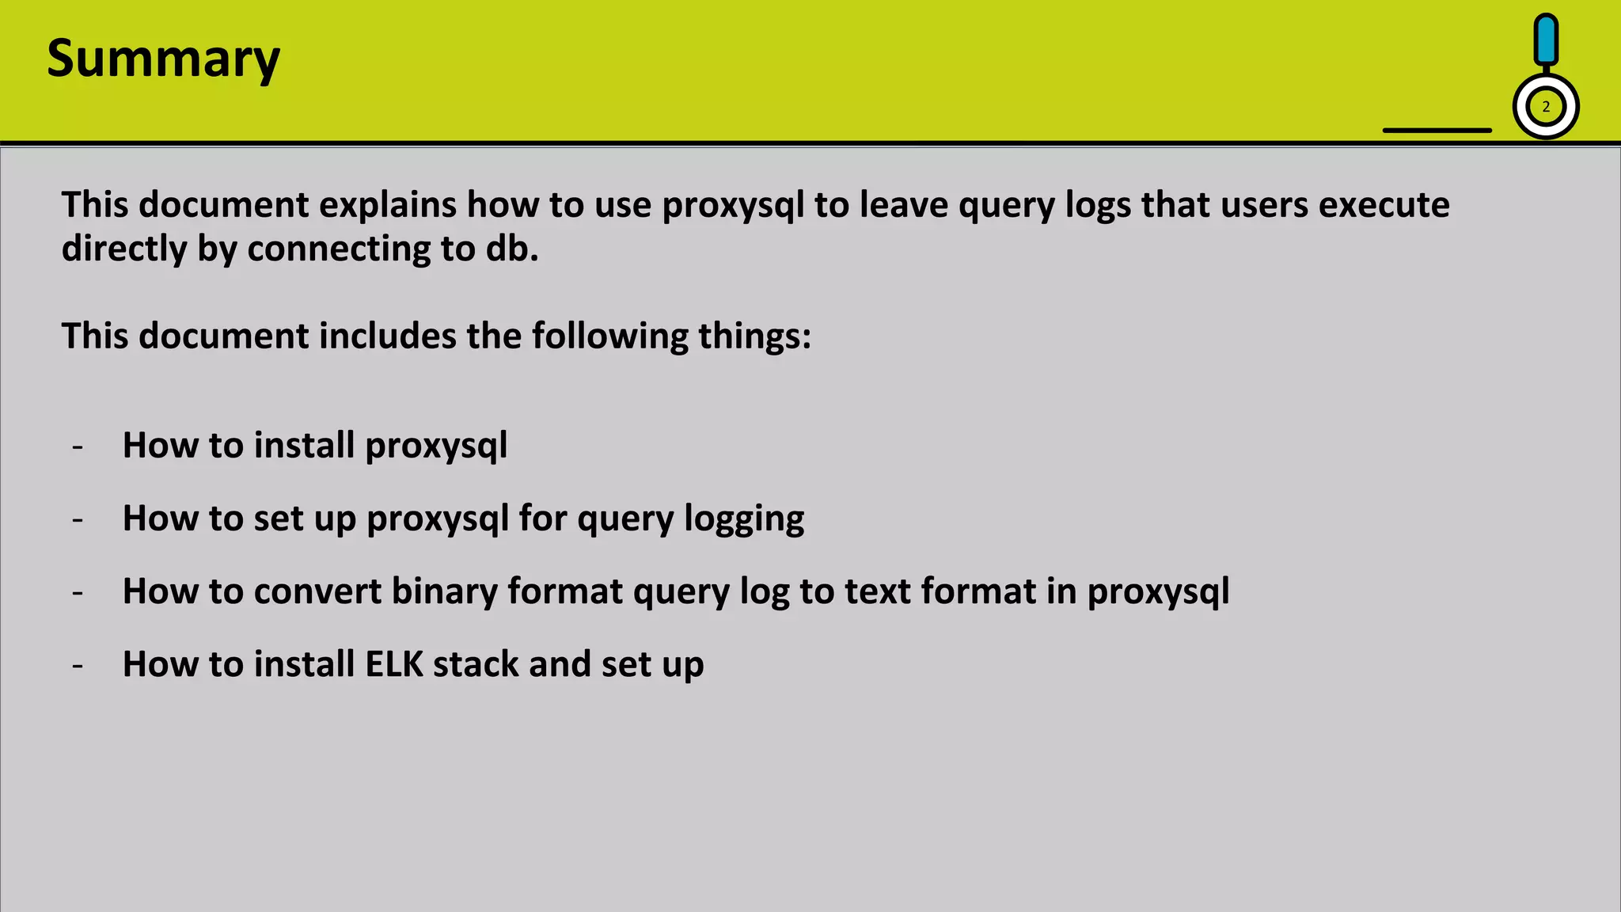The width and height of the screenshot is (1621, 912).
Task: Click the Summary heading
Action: [163, 59]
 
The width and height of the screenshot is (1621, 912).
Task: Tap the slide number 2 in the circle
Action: [1546, 107]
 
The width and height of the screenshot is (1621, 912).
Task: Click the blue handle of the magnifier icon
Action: [1546, 40]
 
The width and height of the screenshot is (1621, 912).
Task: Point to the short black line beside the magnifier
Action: [1437, 130]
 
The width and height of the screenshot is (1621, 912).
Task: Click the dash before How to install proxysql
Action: [78, 446]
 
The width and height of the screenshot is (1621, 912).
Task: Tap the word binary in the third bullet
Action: [443, 591]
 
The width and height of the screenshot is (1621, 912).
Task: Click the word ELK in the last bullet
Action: [394, 664]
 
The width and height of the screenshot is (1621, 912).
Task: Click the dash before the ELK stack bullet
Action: [78, 665]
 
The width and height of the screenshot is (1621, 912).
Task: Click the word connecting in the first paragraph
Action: [339, 249]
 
